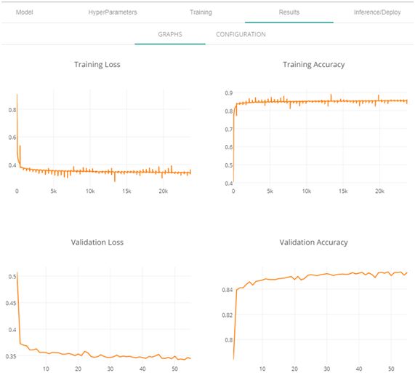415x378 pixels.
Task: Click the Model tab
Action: click(25, 12)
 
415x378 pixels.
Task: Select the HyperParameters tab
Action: click(113, 12)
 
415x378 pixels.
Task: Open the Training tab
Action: click(201, 12)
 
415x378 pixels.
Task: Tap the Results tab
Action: click(289, 12)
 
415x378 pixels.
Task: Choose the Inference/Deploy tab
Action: click(377, 12)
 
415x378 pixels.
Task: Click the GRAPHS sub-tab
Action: click(170, 34)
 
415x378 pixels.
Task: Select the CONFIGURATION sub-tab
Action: click(241, 34)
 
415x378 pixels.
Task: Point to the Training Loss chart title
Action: click(97, 65)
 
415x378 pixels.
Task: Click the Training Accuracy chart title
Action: click(314, 65)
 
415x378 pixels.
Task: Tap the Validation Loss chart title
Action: click(97, 243)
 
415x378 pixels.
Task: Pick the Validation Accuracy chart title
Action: click(314, 243)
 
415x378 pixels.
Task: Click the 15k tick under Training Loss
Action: click(126, 192)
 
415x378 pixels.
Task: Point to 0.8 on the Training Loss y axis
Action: click(12, 110)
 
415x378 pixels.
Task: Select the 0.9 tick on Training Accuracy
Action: click(229, 93)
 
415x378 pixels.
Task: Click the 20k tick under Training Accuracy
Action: click(379, 192)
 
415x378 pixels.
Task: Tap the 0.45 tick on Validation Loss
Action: click(11, 303)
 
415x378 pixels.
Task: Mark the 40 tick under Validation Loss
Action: click(142, 369)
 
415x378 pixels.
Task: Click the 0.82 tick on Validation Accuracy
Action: click(227, 315)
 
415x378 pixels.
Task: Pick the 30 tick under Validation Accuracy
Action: click(326, 369)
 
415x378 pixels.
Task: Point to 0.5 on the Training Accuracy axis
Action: click(229, 165)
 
